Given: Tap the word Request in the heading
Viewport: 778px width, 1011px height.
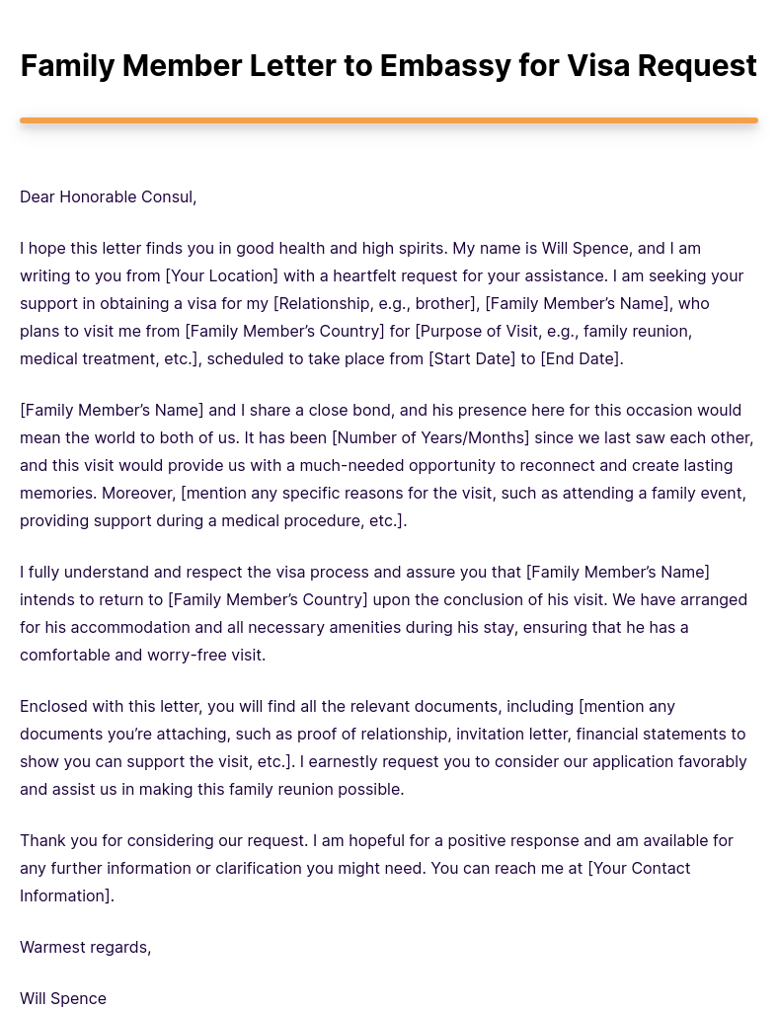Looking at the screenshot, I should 697,66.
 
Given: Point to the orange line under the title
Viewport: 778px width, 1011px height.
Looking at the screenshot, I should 389,120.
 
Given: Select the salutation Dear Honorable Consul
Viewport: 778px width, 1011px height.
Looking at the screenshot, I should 109,196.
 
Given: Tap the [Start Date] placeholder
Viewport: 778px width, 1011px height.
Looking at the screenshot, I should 472,358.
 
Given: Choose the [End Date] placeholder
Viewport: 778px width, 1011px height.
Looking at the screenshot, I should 582,358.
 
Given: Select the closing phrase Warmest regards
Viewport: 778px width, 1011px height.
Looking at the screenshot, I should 85,947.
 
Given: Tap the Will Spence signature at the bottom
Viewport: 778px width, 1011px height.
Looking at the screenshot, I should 63,998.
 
